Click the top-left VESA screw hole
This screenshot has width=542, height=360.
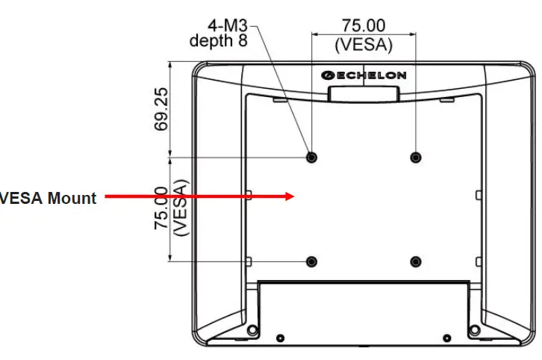point(311,157)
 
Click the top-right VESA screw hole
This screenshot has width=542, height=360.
point(415,157)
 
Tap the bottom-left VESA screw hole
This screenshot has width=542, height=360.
point(311,261)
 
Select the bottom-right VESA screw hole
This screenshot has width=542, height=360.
point(415,261)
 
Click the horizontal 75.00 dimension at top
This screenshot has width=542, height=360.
point(364,27)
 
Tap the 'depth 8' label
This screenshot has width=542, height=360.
point(218,40)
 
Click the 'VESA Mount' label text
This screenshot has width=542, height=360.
point(49,198)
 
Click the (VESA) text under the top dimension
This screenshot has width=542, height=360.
point(364,44)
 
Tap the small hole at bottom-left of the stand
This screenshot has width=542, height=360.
point(280,338)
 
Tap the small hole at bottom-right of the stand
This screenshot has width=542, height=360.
point(446,338)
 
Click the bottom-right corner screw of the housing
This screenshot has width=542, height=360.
point(473,330)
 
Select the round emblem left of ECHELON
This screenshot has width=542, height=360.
point(326,75)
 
